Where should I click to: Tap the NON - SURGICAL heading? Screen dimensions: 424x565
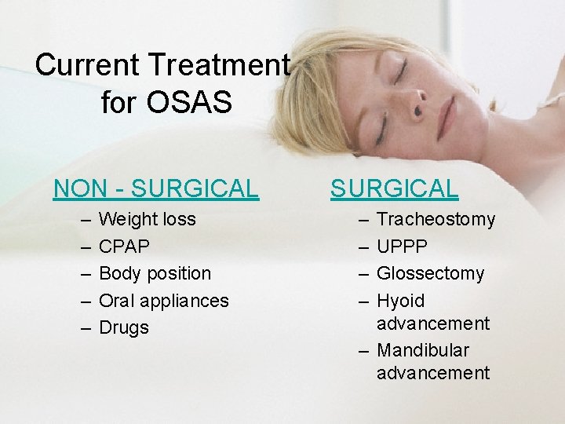[155, 188]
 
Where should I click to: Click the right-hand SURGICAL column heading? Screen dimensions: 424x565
[394, 188]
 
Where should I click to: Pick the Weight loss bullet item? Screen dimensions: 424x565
[148, 219]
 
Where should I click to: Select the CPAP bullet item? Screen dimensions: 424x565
[124, 247]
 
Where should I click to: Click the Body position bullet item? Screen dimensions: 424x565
[155, 273]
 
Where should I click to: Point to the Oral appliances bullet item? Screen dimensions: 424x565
[164, 301]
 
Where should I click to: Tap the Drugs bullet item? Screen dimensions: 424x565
[124, 327]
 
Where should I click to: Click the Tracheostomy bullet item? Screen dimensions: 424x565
[436, 219]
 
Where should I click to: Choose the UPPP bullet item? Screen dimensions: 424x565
[403, 247]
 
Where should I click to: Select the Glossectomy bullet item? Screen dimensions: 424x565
[431, 273]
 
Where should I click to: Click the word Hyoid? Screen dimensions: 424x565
[401, 301]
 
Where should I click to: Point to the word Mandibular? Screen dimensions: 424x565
[423, 350]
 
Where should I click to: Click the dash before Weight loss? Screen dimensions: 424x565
[83, 219]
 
